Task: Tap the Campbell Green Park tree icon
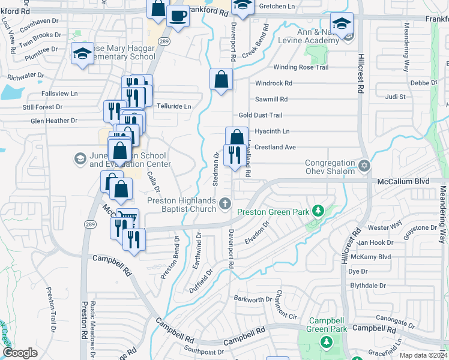click(326, 342)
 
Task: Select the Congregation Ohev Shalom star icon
click(363, 164)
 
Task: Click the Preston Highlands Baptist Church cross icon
click(225, 204)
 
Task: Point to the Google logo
click(20, 353)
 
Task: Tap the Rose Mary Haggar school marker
click(82, 53)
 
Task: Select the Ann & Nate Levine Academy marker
click(341, 24)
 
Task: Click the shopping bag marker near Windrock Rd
click(221, 79)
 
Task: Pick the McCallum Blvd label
click(403, 181)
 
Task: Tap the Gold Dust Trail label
click(260, 115)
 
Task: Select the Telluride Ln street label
click(173, 106)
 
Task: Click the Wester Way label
click(385, 227)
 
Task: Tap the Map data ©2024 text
click(423, 355)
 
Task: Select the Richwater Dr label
click(26, 76)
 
